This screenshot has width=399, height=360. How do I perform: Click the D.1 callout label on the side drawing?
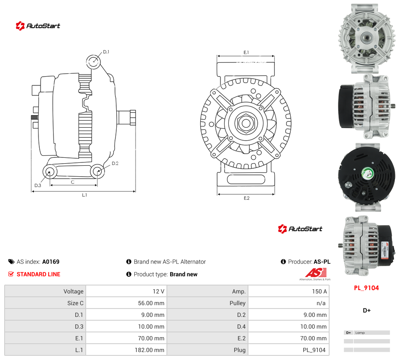(106, 52)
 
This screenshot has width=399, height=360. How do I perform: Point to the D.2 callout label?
(115, 163)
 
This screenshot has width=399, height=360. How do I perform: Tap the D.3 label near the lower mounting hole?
(38, 185)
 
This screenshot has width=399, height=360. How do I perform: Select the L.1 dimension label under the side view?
(84, 195)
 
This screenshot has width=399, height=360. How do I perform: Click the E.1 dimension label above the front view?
(246, 52)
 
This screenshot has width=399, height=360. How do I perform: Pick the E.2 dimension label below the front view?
(247, 198)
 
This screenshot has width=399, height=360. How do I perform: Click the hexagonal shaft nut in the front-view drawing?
(246, 123)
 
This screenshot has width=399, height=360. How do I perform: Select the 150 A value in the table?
(320, 291)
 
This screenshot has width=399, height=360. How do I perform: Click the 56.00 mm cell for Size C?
(151, 303)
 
